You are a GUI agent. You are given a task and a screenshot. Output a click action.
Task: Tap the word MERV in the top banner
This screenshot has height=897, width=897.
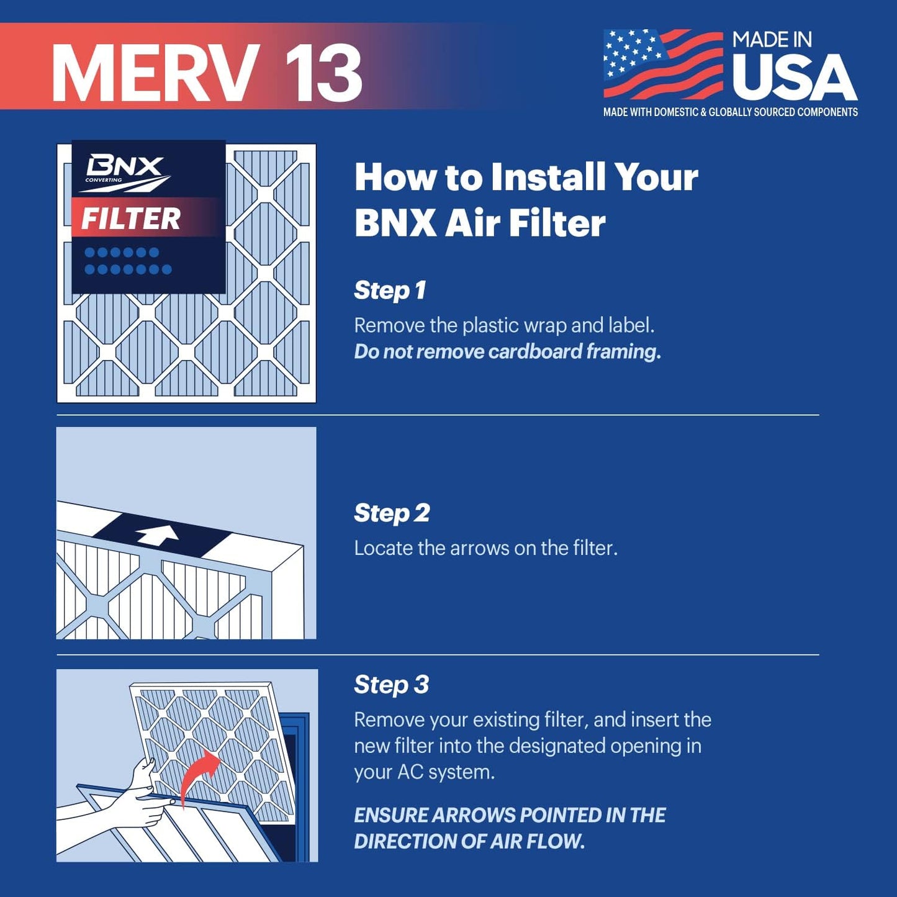(155, 73)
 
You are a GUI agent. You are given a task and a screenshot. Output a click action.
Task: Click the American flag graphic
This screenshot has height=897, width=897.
(663, 64)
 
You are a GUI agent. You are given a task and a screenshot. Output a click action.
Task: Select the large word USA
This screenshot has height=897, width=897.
(795, 78)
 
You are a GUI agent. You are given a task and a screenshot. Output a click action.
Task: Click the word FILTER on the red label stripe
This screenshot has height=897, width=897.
(131, 219)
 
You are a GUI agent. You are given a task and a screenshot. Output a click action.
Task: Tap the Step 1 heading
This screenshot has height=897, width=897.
(390, 291)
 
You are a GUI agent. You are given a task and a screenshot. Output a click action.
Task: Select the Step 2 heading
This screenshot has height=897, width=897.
(392, 513)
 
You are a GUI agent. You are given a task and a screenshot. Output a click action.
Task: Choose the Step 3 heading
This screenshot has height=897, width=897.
(391, 685)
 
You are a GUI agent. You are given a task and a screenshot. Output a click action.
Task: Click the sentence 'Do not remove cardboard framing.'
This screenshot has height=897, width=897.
(507, 352)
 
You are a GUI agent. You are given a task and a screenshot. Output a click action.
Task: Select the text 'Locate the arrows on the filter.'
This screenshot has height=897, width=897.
(485, 548)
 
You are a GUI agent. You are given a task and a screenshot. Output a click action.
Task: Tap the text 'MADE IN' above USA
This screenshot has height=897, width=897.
(772, 40)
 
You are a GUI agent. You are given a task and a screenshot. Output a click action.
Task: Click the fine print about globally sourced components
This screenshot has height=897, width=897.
(730, 112)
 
